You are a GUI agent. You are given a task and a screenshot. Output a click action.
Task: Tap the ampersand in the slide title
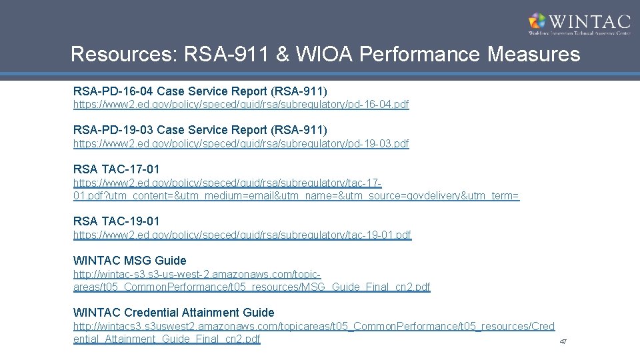pyautogui.click(x=282, y=55)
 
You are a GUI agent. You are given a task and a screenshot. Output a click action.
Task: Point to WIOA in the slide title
pyautogui.click(x=322, y=55)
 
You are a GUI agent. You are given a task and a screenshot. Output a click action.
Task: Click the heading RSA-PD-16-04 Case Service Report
pyautogui.click(x=200, y=91)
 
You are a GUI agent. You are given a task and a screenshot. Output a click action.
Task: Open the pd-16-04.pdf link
pyautogui.click(x=241, y=105)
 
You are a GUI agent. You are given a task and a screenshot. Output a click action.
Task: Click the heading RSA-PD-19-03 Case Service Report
pyautogui.click(x=200, y=129)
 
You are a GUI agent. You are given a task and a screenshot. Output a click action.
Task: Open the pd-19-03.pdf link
pyautogui.click(x=241, y=143)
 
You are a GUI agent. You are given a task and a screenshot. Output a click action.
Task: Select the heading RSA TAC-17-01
pyautogui.click(x=116, y=169)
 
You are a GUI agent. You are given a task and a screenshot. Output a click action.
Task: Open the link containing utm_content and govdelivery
pyautogui.click(x=296, y=195)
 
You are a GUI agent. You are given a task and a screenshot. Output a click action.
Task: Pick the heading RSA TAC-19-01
pyautogui.click(x=116, y=221)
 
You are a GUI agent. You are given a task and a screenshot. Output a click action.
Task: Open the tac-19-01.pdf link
pyautogui.click(x=242, y=235)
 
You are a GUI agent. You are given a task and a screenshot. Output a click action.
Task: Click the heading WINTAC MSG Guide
pyautogui.click(x=129, y=260)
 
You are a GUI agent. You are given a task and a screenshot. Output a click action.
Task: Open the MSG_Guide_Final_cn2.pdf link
pyautogui.click(x=251, y=287)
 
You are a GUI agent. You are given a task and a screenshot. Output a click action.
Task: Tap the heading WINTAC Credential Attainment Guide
pyautogui.click(x=173, y=312)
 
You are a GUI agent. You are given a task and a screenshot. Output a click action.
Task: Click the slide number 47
pyautogui.click(x=563, y=342)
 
